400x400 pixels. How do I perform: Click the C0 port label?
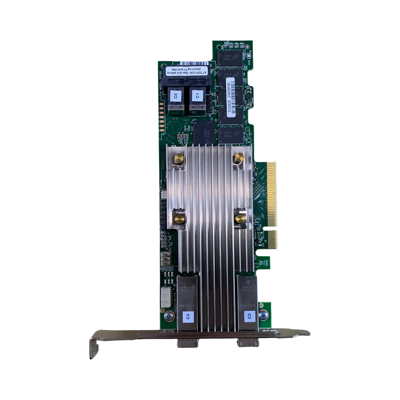pos(175,95)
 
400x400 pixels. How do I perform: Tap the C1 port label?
pos(196,95)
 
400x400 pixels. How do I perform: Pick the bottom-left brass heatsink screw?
pos(180,219)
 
